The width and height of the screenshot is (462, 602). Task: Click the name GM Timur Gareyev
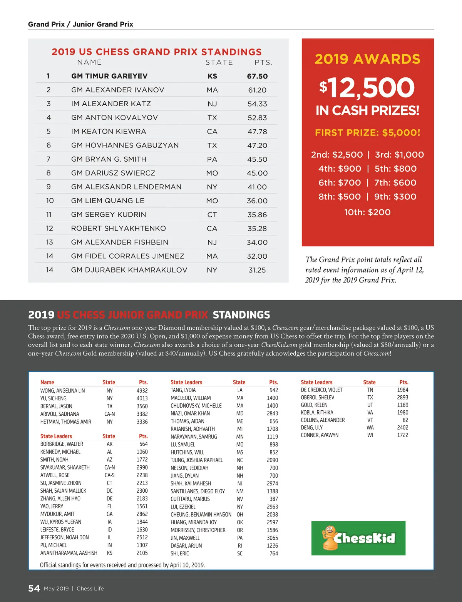pyautogui.click(x=109, y=76)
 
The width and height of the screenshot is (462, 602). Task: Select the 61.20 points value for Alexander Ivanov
pyautogui.click(x=257, y=90)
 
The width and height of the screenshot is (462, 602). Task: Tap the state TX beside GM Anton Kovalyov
pyautogui.click(x=212, y=118)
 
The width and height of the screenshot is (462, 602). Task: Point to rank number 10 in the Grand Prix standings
pyautogui.click(x=50, y=201)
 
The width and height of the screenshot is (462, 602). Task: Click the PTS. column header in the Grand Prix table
pyautogui.click(x=264, y=62)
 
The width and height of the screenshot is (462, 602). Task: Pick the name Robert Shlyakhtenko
pyautogui.click(x=118, y=228)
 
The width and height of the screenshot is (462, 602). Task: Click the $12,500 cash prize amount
pyautogui.click(x=367, y=87)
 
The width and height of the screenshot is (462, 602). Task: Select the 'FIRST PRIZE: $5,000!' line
pyautogui.click(x=368, y=133)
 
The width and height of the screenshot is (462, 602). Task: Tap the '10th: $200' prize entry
pyautogui.click(x=367, y=212)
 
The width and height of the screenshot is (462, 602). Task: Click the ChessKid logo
pyautogui.click(x=358, y=538)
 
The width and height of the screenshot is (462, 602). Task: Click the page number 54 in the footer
pyautogui.click(x=34, y=588)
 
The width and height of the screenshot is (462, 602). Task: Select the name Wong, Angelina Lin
pyautogui.click(x=62, y=391)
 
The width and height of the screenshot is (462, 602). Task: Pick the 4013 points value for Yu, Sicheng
pyautogui.click(x=142, y=398)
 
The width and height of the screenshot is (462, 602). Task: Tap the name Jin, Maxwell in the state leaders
pyautogui.click(x=185, y=538)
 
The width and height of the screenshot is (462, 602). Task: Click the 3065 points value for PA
pyautogui.click(x=272, y=538)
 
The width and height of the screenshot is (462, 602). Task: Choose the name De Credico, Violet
pyautogui.click(x=321, y=390)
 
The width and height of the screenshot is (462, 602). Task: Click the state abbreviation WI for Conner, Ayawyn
pyautogui.click(x=370, y=435)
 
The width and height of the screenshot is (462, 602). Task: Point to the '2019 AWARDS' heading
pyautogui.click(x=367, y=59)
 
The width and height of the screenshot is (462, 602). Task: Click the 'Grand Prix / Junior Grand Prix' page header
pyautogui.click(x=80, y=24)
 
